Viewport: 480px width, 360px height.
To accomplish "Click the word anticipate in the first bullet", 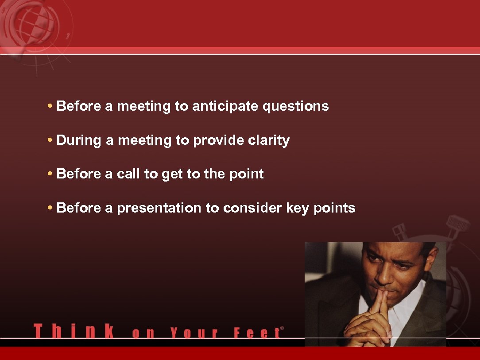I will pyautogui.click(x=225, y=107).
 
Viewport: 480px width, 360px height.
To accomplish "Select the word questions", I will pyautogui.click(x=296, y=107).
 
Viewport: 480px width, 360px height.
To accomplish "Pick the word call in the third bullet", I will pyautogui.click(x=128, y=174).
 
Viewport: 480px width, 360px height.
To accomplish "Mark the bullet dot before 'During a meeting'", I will pyautogui.click(x=50, y=141).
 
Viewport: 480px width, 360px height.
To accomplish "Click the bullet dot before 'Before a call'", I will pyautogui.click(x=50, y=174).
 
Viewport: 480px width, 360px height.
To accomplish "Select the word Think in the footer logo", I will pyautogui.click(x=74, y=331).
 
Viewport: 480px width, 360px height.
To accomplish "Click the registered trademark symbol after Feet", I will pyautogui.click(x=282, y=329).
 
